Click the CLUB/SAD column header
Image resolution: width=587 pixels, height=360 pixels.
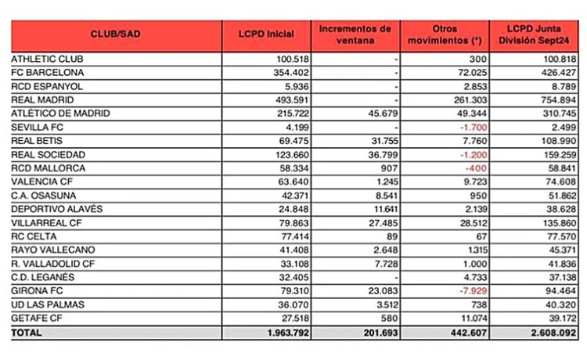click(x=116, y=35)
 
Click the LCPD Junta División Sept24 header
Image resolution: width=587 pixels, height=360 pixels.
click(x=536, y=35)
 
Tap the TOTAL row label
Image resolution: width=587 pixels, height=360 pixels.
click(x=27, y=333)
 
